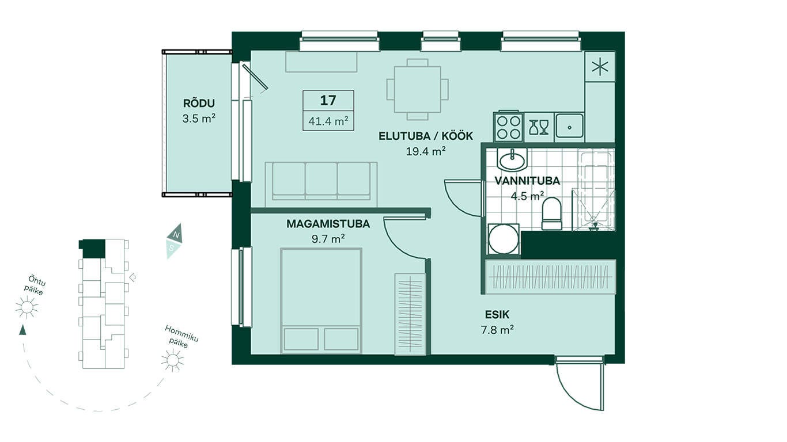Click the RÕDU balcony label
(199, 104)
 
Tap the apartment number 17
(328, 100)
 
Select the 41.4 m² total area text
(328, 121)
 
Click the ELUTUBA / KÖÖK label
(426, 136)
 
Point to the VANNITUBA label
(527, 181)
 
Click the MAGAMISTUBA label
(328, 224)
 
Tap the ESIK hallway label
(497, 315)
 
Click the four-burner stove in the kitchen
(508, 127)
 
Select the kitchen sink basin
(569, 127)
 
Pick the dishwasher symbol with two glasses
(539, 127)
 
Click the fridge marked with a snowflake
(600, 67)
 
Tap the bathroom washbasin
(512, 160)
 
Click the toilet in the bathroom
(551, 214)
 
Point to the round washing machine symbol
(504, 239)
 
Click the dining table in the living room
(417, 89)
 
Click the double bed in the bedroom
(321, 301)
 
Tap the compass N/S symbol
(174, 241)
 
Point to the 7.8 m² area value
(497, 330)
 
